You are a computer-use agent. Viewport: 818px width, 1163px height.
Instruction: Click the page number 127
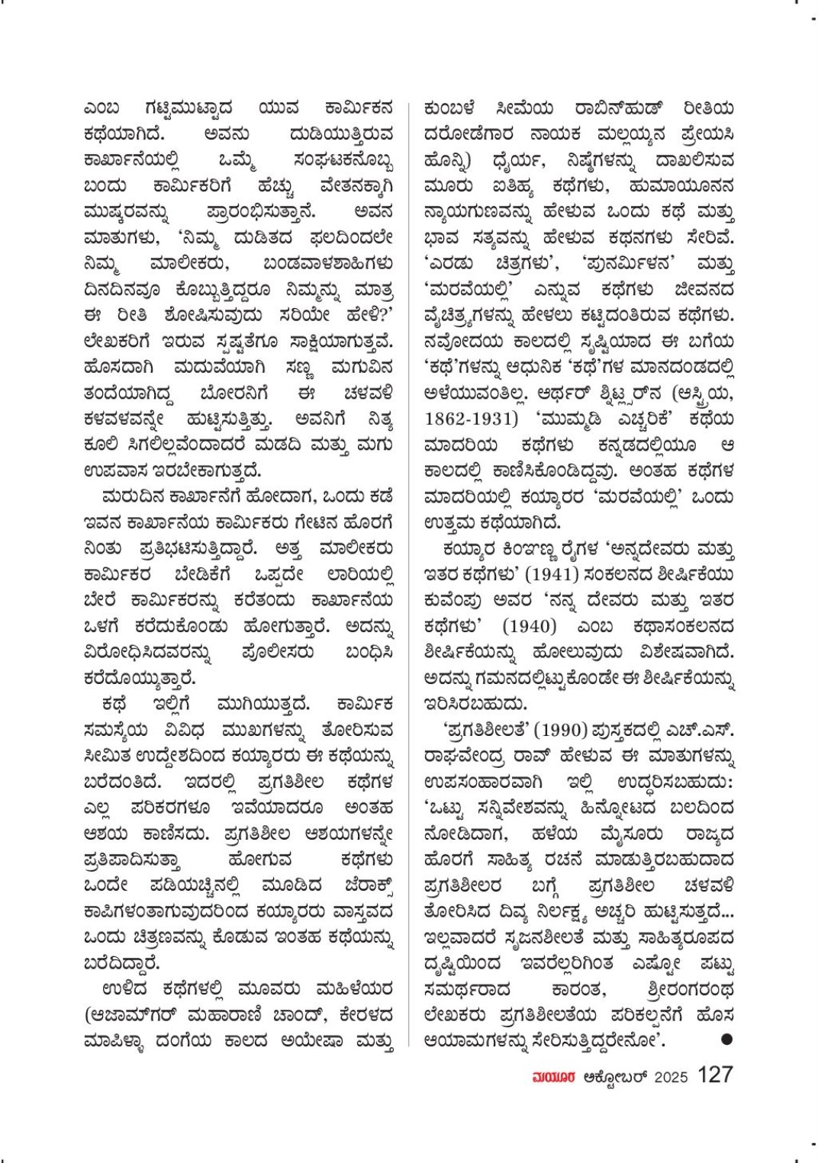coord(715,1075)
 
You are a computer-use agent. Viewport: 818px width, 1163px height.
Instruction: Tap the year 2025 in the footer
coord(671,1076)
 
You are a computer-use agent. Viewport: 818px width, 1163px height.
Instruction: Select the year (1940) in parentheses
coord(529,626)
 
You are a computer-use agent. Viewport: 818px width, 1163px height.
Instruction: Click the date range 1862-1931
coord(466,419)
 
